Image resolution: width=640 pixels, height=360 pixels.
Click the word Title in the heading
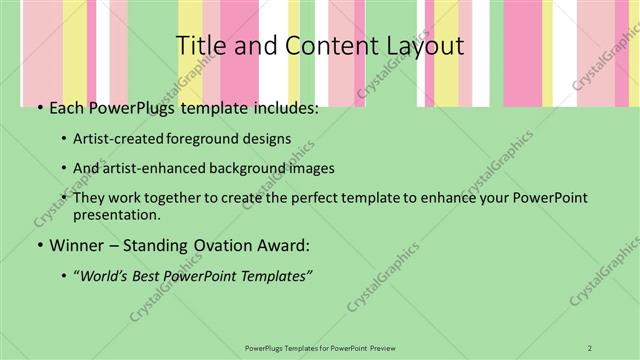point(198,46)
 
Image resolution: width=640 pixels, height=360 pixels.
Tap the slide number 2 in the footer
point(589,347)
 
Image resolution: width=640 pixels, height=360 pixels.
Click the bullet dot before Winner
point(39,246)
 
